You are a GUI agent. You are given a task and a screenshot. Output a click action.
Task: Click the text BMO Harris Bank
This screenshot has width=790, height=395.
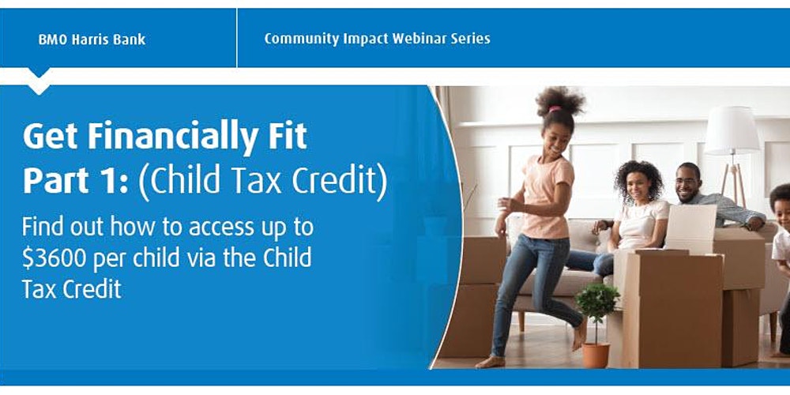(x=92, y=39)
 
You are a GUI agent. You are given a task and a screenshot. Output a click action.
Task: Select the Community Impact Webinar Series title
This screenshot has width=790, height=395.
(x=377, y=38)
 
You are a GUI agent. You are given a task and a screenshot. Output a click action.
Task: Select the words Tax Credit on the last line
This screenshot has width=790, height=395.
(x=72, y=288)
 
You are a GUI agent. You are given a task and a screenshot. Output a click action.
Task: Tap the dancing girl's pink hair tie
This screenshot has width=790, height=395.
(x=555, y=109)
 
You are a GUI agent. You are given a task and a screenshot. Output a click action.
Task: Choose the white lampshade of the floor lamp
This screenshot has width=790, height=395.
(x=732, y=130)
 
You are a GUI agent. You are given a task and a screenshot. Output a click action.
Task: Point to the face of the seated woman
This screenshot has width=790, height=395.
(x=638, y=186)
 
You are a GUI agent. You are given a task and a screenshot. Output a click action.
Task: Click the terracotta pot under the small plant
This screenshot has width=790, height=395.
(x=596, y=355)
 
